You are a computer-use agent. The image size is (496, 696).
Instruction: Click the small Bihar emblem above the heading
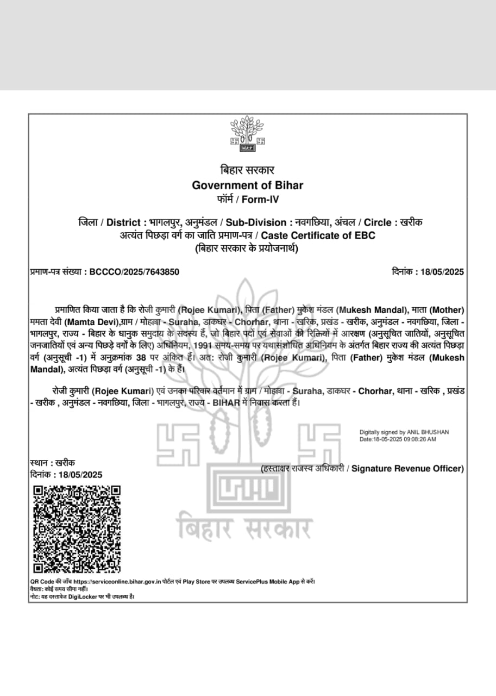pyautogui.click(x=247, y=133)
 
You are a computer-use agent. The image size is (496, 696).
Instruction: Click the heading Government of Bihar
pyautogui.click(x=247, y=185)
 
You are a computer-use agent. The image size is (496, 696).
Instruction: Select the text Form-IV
pyautogui.click(x=260, y=200)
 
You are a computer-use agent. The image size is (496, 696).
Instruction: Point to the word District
pyautogui.click(x=124, y=222)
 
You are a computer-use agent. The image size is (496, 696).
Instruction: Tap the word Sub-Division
pyautogui.click(x=256, y=222)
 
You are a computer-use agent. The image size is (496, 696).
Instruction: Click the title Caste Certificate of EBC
pyautogui.click(x=318, y=235)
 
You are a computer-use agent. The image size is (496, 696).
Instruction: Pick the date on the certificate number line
pyautogui.click(x=442, y=272)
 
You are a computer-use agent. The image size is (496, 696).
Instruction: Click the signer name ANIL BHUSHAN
pyautogui.click(x=431, y=432)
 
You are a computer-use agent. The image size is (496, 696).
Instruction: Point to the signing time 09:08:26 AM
pyautogui.click(x=417, y=439)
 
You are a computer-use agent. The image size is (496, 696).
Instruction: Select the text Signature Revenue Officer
pyautogui.click(x=407, y=469)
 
